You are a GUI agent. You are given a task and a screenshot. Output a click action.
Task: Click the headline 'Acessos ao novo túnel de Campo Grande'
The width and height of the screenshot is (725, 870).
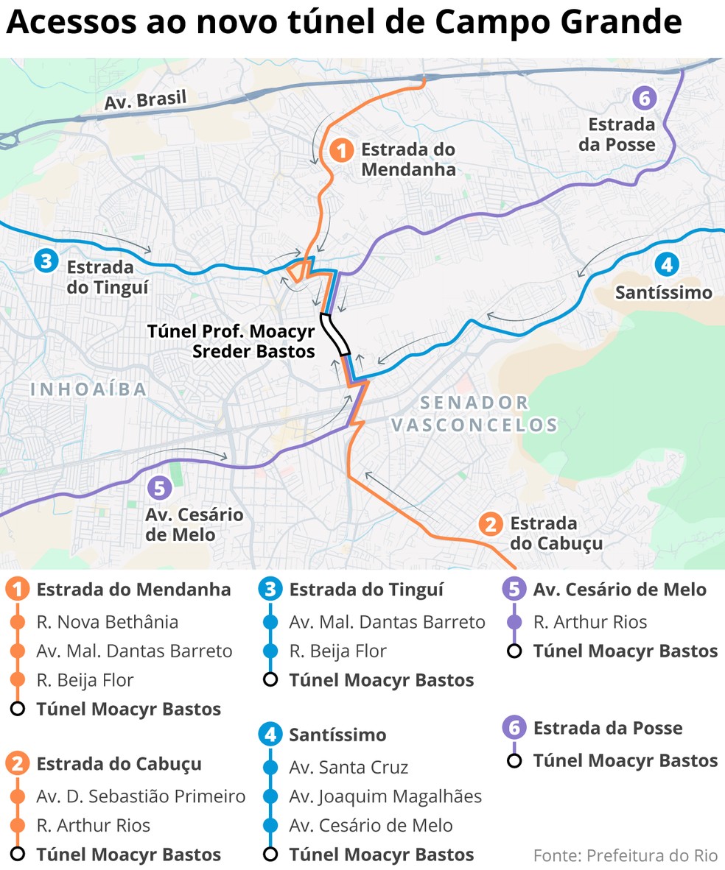tap(344, 24)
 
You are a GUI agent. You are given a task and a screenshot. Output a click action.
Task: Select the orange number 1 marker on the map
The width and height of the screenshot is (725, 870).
tap(340, 151)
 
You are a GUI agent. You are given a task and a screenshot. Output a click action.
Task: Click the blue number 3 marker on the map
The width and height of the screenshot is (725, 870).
tap(46, 260)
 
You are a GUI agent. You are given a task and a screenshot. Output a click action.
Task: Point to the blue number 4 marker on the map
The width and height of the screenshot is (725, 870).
tap(665, 264)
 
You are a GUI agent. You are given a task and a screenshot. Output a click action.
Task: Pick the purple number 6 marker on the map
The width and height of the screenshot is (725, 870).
tap(644, 98)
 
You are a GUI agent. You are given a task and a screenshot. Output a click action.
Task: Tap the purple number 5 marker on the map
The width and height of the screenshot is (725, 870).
tap(158, 487)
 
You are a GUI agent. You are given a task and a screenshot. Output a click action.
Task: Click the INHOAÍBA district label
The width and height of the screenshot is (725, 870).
tap(89, 389)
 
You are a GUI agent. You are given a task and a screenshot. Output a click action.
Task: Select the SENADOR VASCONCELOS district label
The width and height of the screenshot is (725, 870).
tap(474, 414)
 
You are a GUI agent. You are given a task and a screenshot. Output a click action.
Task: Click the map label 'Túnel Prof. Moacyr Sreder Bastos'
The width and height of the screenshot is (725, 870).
tap(232, 341)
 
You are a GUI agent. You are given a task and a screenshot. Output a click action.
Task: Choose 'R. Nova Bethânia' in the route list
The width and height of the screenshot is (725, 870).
tap(108, 622)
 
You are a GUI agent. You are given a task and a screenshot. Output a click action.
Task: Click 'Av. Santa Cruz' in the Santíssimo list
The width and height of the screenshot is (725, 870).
tap(349, 767)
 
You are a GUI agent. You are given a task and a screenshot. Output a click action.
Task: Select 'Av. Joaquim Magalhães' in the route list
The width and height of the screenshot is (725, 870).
tap(385, 796)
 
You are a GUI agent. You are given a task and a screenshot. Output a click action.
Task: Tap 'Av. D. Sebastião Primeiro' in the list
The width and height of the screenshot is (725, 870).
tap(141, 796)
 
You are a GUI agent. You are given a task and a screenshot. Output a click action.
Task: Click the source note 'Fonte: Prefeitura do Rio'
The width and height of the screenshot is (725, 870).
tap(625, 855)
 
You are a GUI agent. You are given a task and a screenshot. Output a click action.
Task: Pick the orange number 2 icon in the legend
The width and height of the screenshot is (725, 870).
tap(18, 764)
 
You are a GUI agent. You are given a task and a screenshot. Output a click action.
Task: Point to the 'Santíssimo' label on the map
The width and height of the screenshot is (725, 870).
tap(664, 293)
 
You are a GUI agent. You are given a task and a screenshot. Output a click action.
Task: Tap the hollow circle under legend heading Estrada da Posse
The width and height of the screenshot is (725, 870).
tap(514, 760)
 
